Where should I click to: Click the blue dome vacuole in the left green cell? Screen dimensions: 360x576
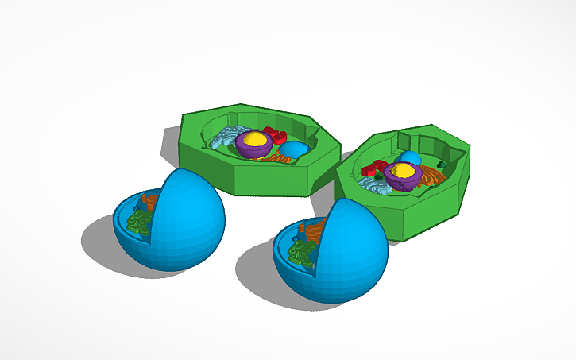(x=296, y=149)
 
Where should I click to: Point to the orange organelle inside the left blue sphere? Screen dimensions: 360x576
(x=151, y=202)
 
